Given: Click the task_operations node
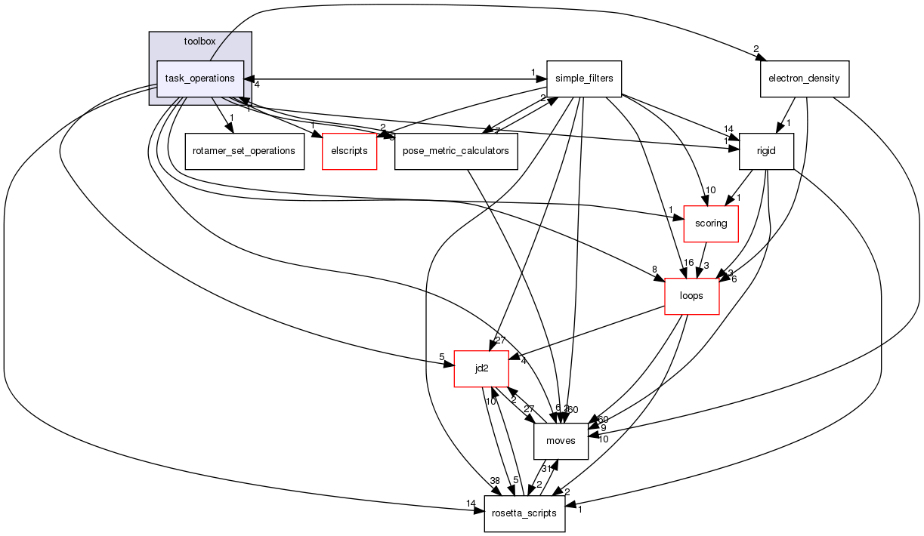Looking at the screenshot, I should (x=199, y=79).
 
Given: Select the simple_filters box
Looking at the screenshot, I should (x=584, y=79).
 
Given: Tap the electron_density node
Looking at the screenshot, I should (x=805, y=79).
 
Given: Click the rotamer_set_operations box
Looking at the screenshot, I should (x=244, y=151).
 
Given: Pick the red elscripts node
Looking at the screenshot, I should (x=349, y=151).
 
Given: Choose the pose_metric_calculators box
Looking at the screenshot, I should (x=456, y=151).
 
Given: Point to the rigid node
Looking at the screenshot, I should (x=766, y=151).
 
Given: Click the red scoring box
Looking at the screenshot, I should (x=710, y=223).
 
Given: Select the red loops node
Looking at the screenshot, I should (x=691, y=296).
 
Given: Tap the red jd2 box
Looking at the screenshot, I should (x=481, y=368).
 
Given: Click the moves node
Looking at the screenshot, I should (x=561, y=441).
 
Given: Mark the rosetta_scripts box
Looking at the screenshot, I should (x=524, y=513).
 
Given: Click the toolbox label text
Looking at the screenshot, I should (x=199, y=41).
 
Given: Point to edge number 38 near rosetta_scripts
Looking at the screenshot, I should (x=494, y=481).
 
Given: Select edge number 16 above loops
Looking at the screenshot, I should (x=688, y=263).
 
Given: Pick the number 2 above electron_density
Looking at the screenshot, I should (x=755, y=50).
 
